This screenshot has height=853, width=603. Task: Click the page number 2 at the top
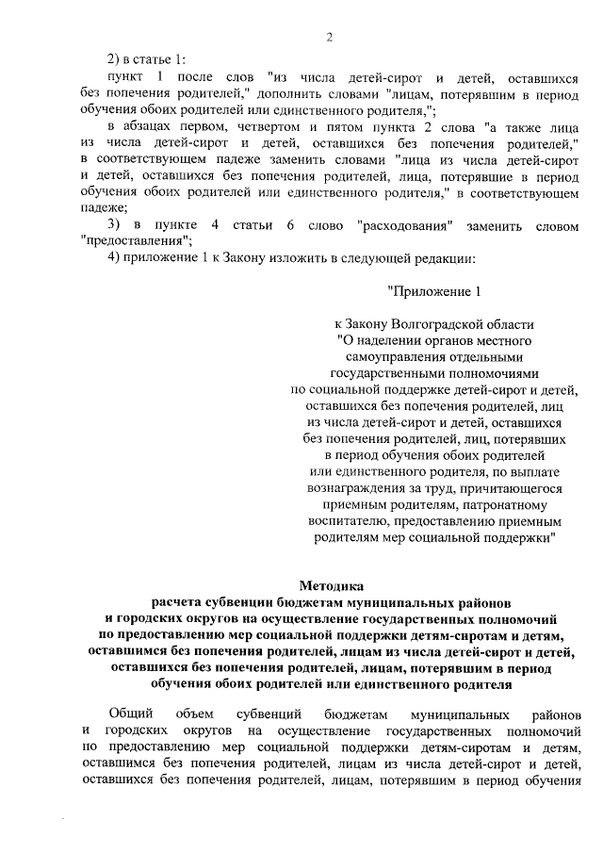tap(330, 38)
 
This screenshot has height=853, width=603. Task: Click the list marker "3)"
tap(115, 227)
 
